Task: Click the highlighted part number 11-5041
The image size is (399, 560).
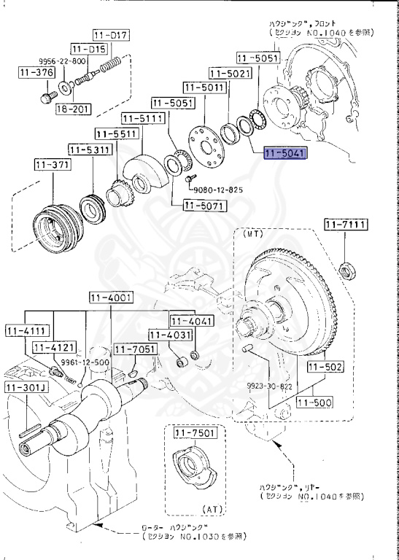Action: [x=285, y=154]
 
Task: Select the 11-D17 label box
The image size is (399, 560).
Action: [x=110, y=35]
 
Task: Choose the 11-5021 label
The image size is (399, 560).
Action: [x=230, y=73]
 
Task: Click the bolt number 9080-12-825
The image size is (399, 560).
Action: [x=219, y=190]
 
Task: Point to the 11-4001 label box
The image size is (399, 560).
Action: [x=111, y=297]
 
